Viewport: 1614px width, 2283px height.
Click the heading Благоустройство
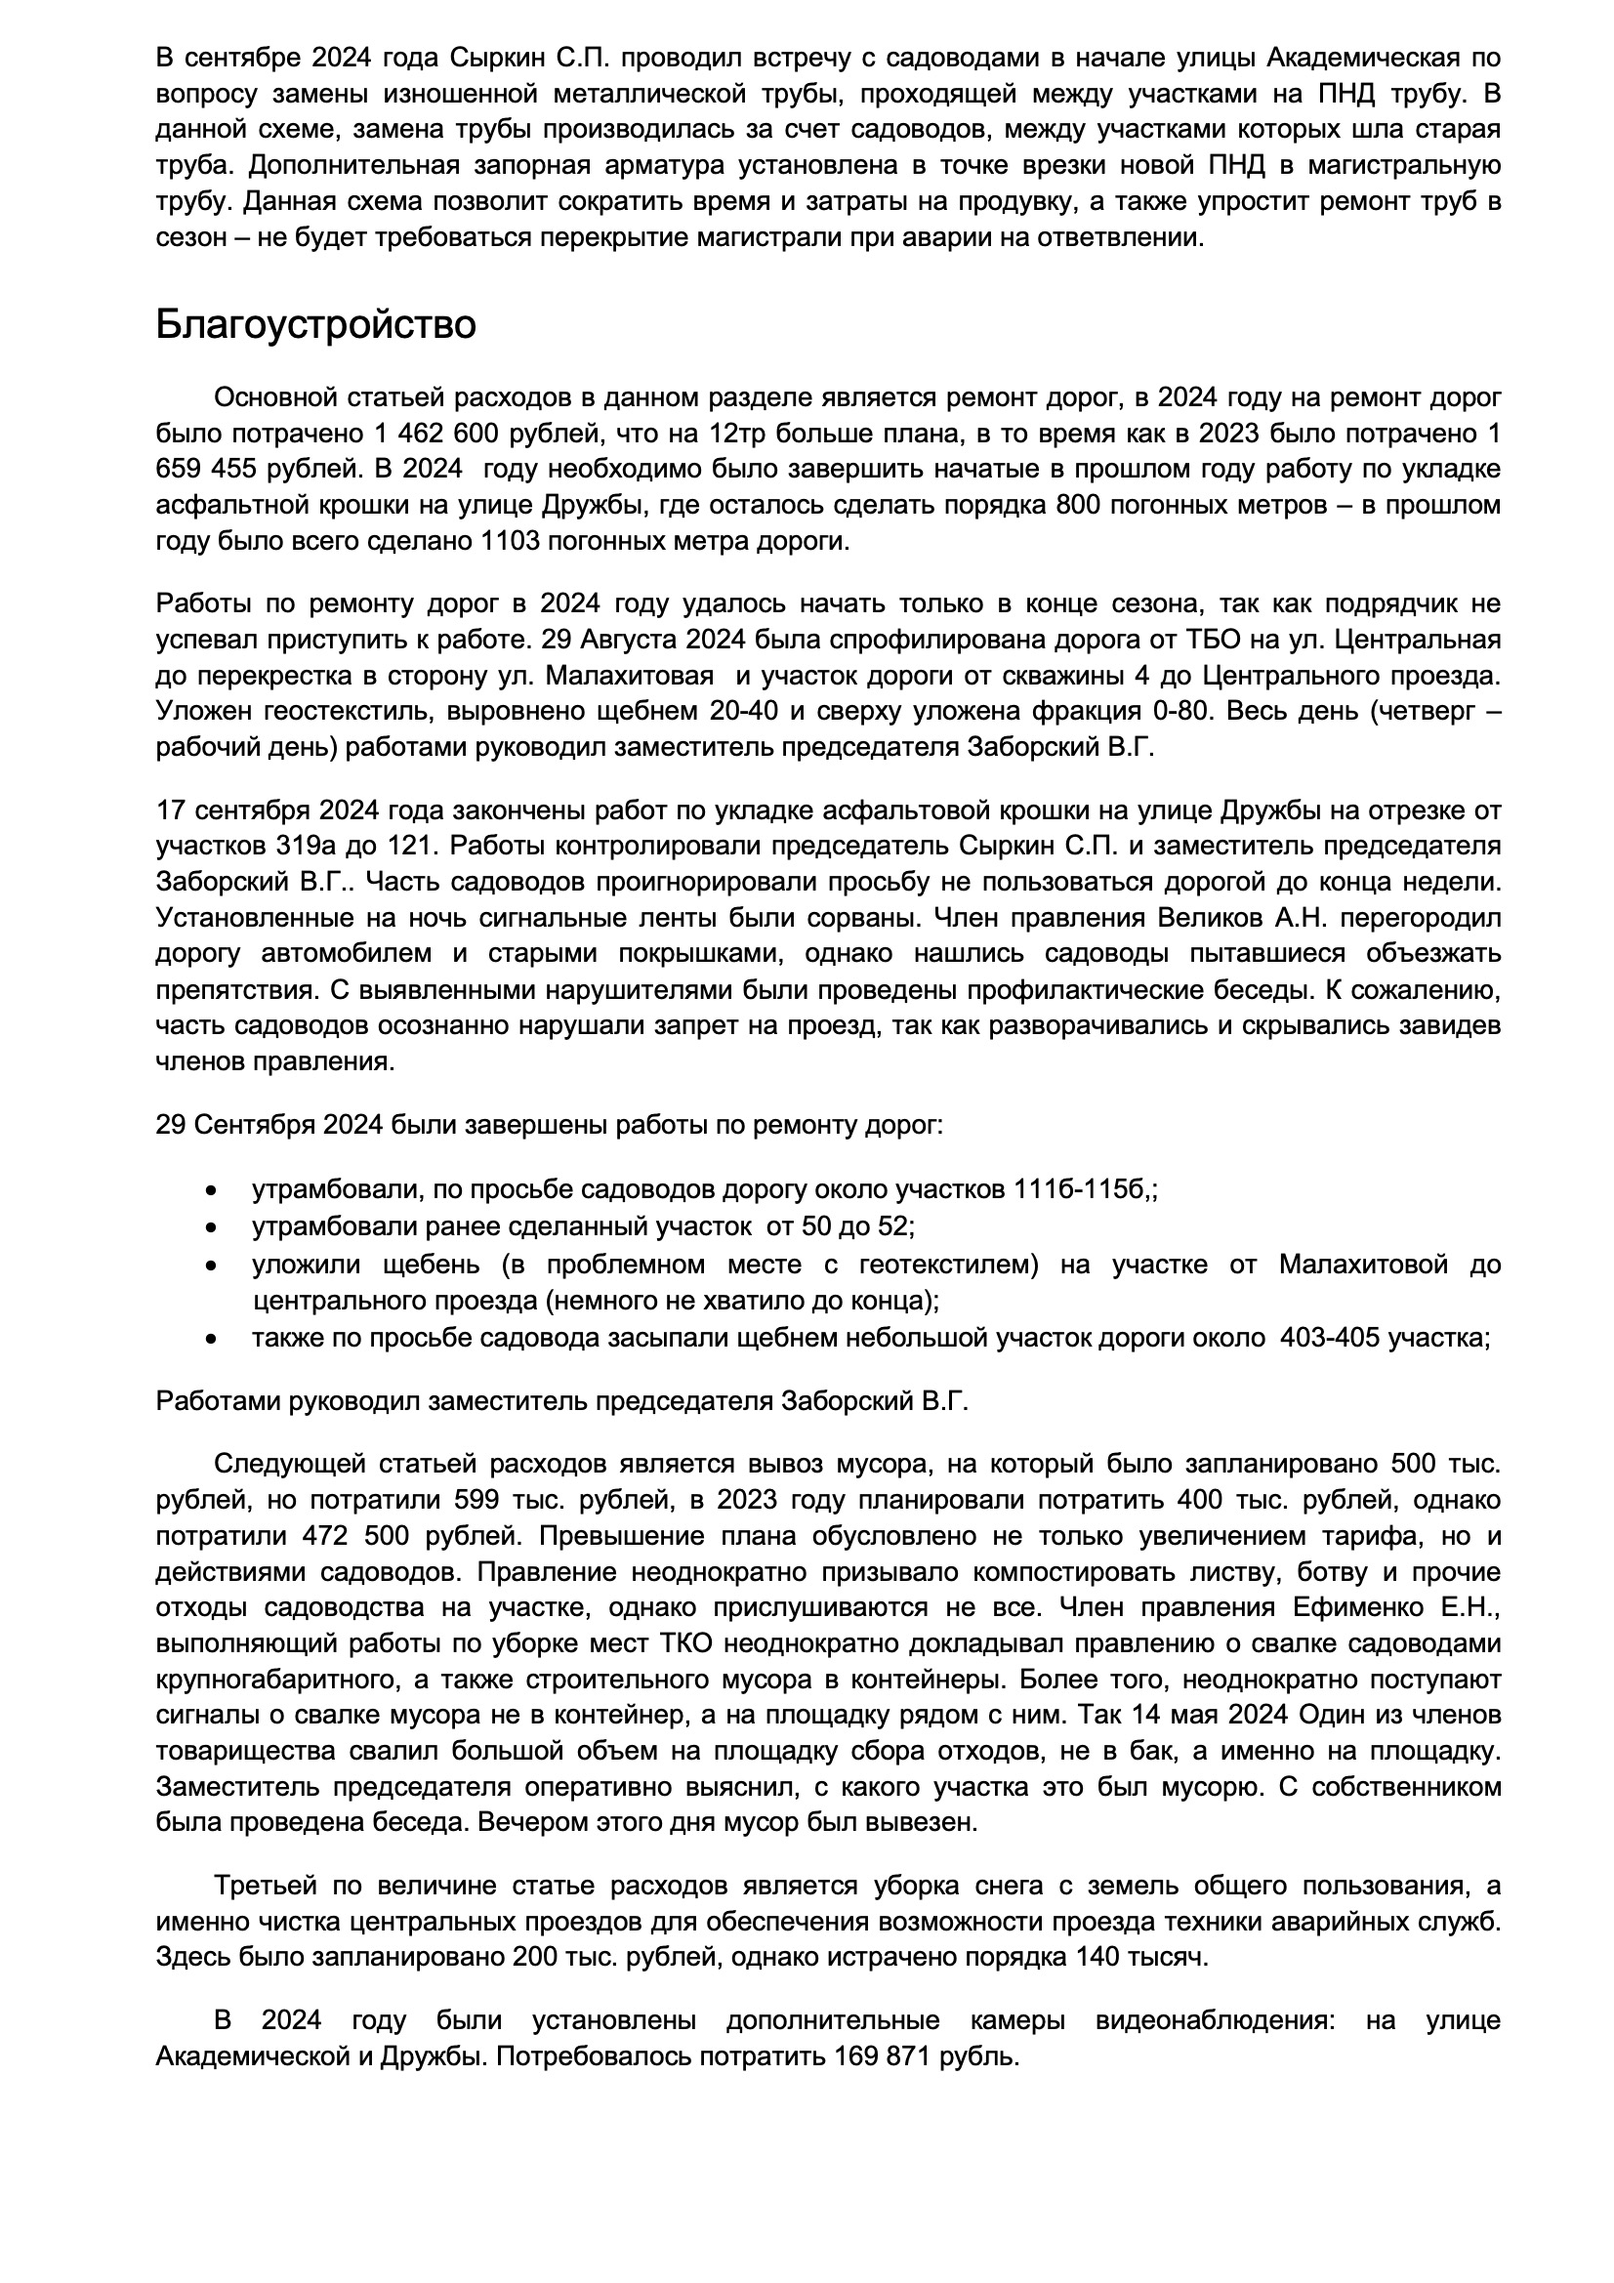315,325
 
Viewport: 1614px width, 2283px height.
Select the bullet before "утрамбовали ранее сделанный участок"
210,1227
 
